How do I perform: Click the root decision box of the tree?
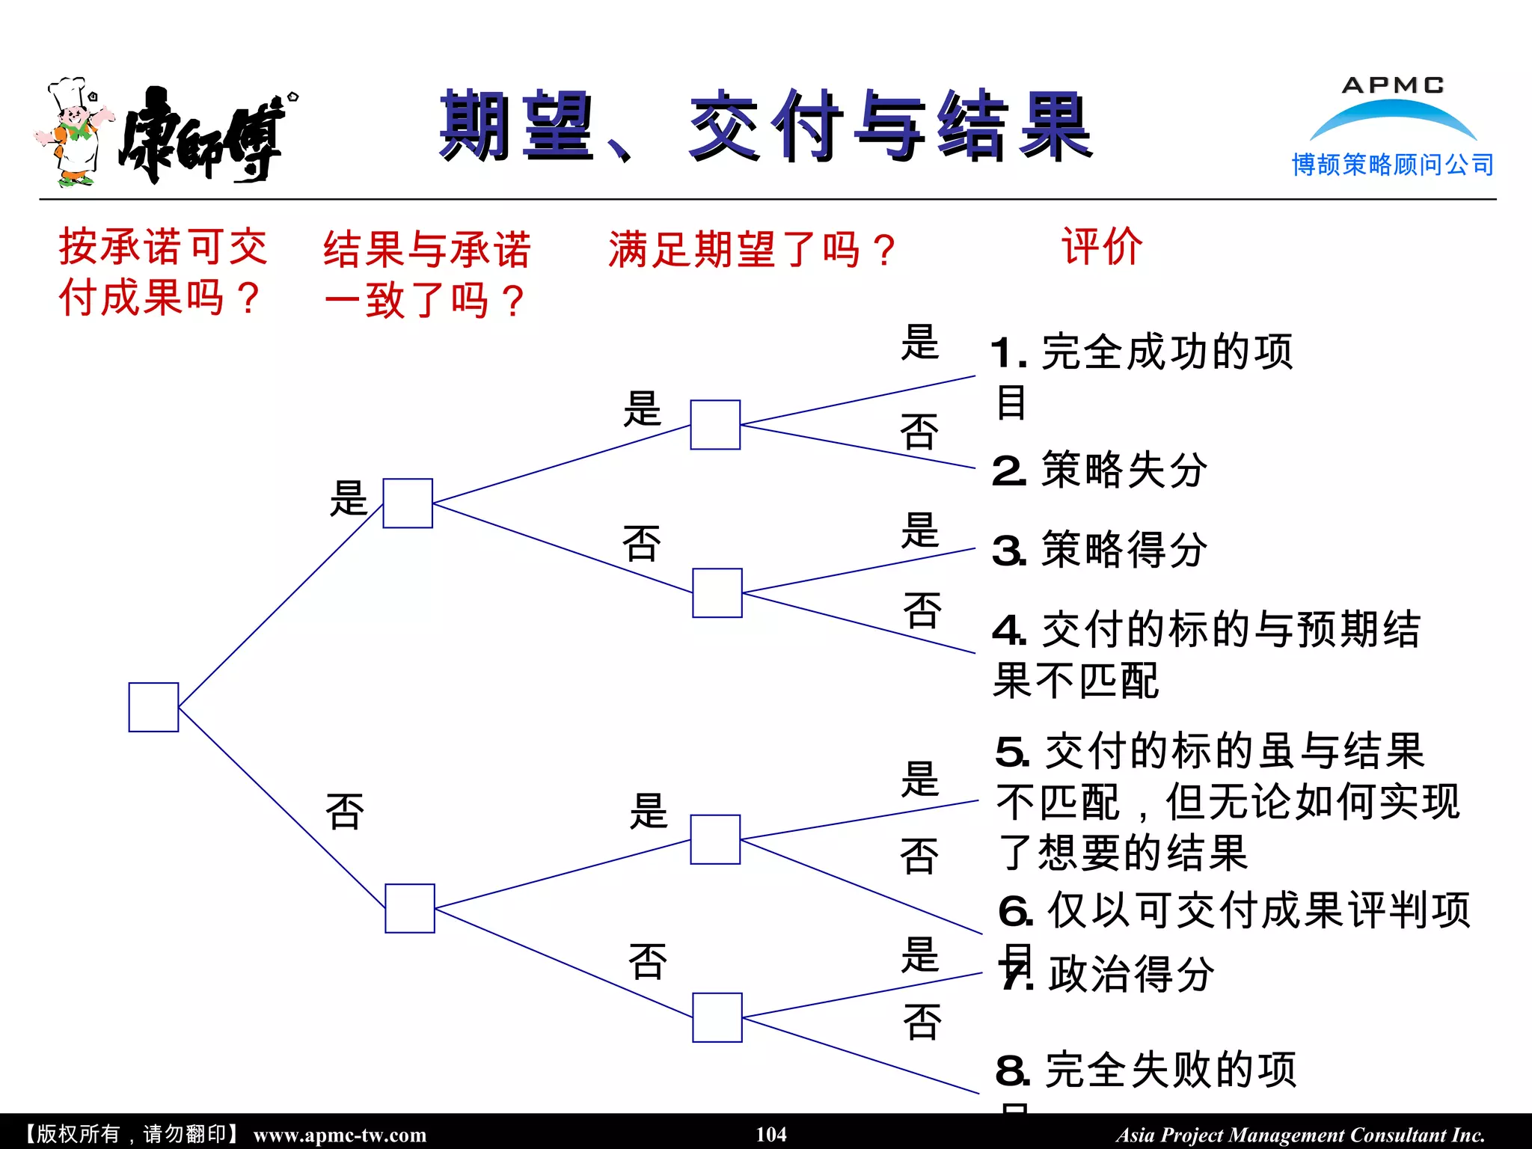pyautogui.click(x=153, y=707)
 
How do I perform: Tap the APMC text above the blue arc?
pyautogui.click(x=1393, y=85)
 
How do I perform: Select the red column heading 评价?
pyautogui.click(x=1102, y=246)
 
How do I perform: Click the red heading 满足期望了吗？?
pyautogui.click(x=752, y=250)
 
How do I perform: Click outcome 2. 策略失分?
pyautogui.click(x=1100, y=471)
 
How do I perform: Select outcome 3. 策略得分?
pyautogui.click(x=1100, y=550)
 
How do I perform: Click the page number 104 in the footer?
pyautogui.click(x=771, y=1134)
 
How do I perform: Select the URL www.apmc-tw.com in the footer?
pyautogui.click(x=340, y=1135)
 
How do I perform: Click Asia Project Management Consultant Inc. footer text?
pyautogui.click(x=1300, y=1135)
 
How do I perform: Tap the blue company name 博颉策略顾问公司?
pyautogui.click(x=1393, y=165)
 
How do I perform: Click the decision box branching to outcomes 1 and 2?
pyautogui.click(x=715, y=425)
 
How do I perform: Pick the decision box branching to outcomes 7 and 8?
pyautogui.click(x=717, y=1017)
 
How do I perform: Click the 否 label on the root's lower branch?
pyautogui.click(x=345, y=812)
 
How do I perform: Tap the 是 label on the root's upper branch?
pyautogui.click(x=349, y=498)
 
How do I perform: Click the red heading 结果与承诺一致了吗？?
pyautogui.click(x=426, y=274)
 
